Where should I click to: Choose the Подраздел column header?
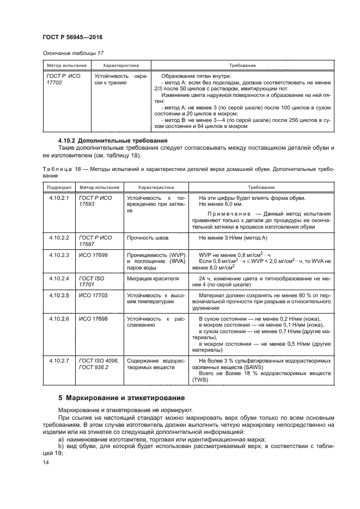pos(57,186)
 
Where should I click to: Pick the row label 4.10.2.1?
pos(59,198)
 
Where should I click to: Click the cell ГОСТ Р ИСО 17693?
pos(95,201)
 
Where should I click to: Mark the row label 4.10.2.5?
pos(59,295)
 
